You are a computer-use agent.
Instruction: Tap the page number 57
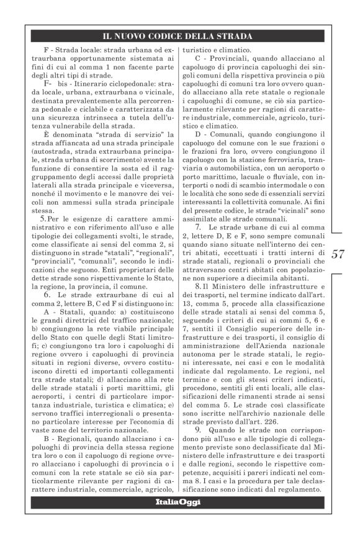(x=339, y=253)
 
